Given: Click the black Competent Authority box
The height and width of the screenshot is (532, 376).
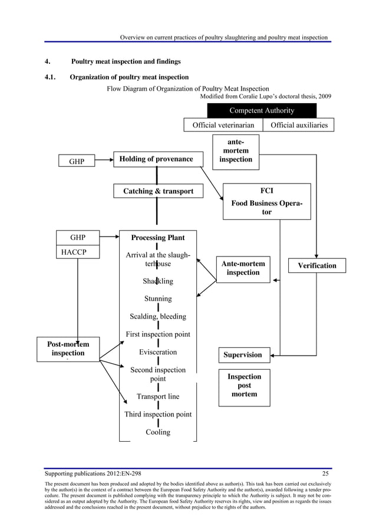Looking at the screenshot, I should pos(262,110).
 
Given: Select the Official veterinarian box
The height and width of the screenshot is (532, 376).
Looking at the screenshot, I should pos(223,125).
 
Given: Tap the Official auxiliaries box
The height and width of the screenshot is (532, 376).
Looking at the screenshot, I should pos(299,125).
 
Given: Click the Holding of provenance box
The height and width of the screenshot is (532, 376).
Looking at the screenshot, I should pos(156,159).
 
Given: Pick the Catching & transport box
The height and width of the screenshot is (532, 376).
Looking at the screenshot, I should pos(158,191).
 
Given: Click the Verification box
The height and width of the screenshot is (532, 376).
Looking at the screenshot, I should pos(317,265).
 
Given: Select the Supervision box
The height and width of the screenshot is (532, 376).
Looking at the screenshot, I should pos(242,354).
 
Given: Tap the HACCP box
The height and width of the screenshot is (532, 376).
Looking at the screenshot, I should pos(77,252).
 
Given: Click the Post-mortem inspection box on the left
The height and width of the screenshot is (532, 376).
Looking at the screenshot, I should pos(68,349).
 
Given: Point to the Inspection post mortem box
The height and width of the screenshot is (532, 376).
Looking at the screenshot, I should pos(244,386).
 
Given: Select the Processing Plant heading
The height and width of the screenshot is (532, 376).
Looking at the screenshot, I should pos(157,238).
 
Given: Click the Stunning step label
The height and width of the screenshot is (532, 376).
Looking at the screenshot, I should pos(158,299).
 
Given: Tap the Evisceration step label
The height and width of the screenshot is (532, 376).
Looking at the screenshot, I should pos(158,352).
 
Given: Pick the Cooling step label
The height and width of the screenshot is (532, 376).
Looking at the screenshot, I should pos(158,432).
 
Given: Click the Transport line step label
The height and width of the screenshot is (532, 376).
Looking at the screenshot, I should pos(158,396).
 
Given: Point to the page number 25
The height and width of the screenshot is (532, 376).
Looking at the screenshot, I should pos(325,473).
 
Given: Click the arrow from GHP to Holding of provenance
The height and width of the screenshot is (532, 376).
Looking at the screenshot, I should pos(103,159).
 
